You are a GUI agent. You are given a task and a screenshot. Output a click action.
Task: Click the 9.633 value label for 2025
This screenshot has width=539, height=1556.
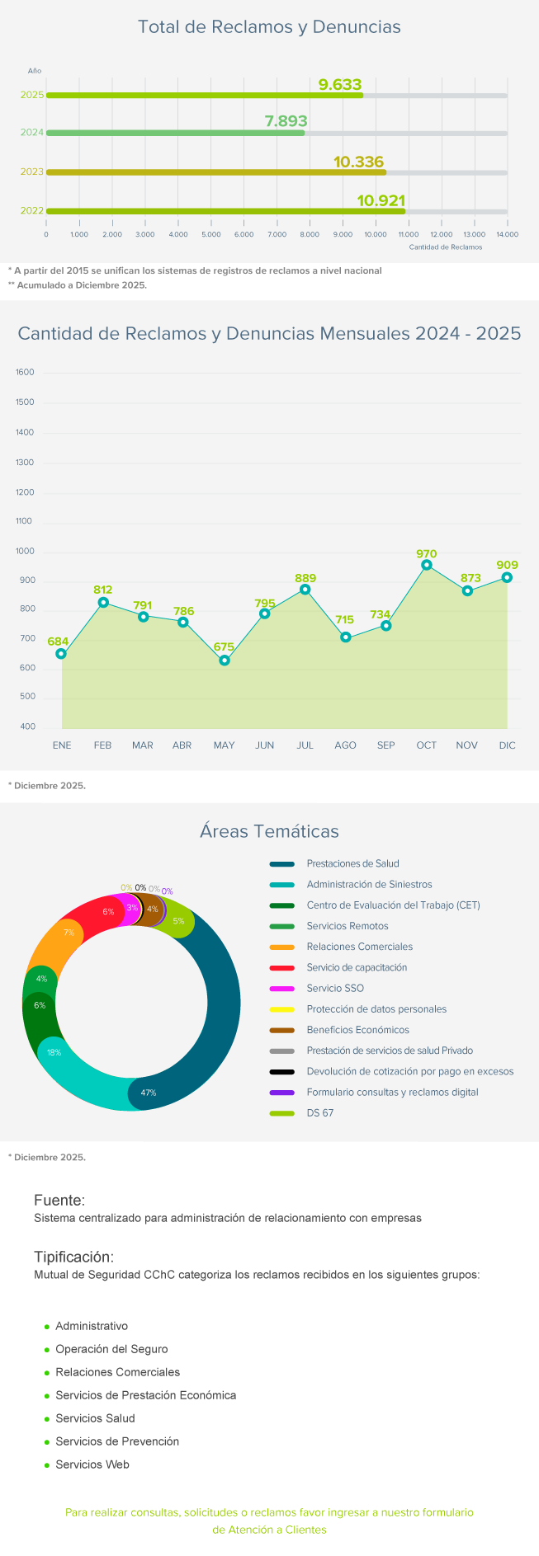coord(340,84)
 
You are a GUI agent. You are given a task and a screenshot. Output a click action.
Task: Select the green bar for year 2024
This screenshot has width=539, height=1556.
coord(175,133)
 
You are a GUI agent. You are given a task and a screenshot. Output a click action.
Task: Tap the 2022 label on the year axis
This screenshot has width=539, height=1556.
coord(32,211)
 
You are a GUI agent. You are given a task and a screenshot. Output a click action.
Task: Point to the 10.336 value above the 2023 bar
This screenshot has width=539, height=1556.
coord(359,162)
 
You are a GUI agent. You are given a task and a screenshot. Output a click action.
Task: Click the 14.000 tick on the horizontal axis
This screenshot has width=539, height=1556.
coord(507,234)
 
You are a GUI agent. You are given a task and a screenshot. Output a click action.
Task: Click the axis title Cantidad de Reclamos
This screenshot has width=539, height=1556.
coord(446,247)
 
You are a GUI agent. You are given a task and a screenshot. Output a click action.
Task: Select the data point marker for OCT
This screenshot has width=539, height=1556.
coord(427,566)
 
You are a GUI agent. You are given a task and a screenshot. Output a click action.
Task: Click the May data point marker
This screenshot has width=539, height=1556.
coord(225,660)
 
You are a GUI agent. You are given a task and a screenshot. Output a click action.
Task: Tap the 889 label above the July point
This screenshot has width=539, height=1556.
coord(305,578)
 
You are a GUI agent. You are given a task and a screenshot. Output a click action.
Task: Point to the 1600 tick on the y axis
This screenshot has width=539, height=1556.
coord(26,373)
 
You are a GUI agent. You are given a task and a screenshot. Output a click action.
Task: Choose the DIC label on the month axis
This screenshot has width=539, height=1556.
coord(507,745)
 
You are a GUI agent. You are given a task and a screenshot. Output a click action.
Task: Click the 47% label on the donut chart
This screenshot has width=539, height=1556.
coord(149,1093)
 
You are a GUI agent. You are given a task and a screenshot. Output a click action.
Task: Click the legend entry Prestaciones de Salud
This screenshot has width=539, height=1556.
coord(352,864)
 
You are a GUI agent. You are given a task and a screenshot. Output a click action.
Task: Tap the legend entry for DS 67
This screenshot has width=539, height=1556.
coord(320,1113)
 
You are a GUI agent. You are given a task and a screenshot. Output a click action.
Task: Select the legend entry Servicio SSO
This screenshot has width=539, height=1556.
coord(335,989)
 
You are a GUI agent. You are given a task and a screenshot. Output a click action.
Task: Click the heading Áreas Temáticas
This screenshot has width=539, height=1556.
coord(269,831)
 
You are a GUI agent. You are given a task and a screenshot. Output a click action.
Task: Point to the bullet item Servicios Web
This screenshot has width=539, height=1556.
coord(92,1464)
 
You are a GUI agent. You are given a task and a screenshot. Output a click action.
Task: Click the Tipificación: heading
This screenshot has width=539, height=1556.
coord(73,1257)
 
